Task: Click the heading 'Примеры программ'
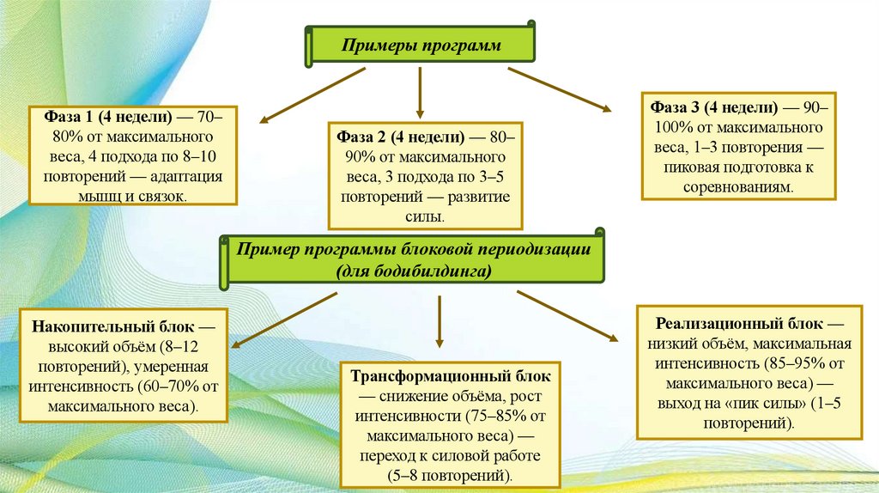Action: (421, 45)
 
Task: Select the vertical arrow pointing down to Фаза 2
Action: (420, 93)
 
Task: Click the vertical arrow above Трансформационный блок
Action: (439, 320)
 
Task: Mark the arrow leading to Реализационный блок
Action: (567, 317)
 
